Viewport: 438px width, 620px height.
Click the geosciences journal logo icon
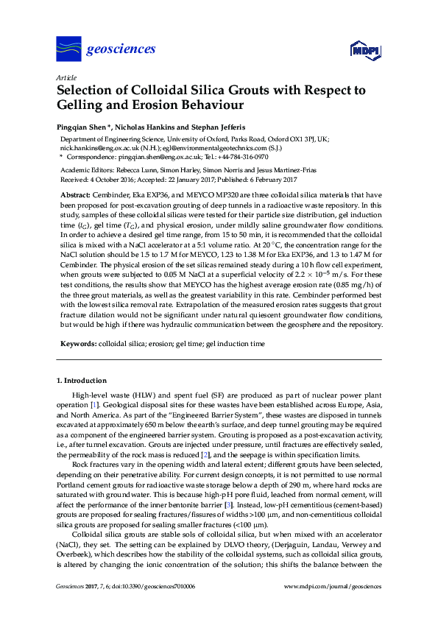(68, 49)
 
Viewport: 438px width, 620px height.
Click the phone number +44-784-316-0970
(239, 157)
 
